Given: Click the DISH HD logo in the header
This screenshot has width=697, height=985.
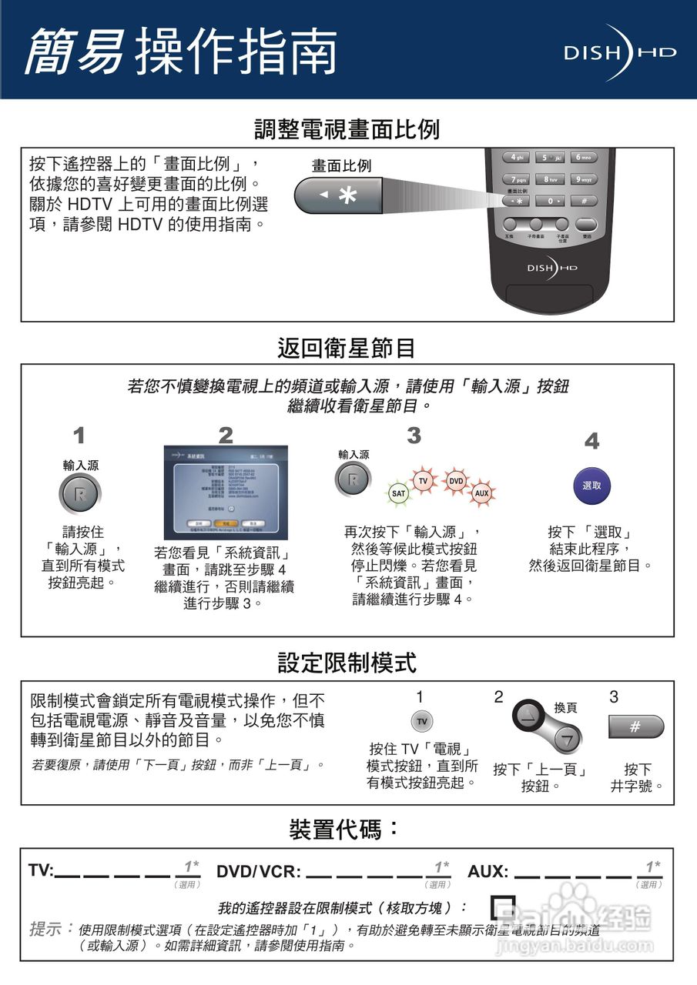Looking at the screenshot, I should (x=619, y=52).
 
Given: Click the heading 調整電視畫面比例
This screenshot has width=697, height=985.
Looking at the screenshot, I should (x=347, y=129).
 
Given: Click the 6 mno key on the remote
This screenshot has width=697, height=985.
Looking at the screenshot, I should (x=585, y=157).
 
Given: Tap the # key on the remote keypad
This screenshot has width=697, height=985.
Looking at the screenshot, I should (x=585, y=201).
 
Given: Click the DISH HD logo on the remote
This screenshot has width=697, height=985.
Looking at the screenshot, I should (x=551, y=267).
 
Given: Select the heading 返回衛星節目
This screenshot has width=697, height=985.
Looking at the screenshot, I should (x=347, y=348).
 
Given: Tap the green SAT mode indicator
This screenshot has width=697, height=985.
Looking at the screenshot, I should (x=398, y=492).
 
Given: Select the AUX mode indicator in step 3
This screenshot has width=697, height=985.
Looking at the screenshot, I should (x=481, y=492).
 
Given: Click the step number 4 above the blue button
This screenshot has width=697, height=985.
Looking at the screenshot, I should (x=591, y=442).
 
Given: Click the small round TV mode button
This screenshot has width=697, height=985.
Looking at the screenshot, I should (x=421, y=721).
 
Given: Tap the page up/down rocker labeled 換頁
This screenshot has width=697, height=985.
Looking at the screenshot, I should (x=546, y=725).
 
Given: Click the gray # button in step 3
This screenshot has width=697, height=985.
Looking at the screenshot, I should (x=635, y=726).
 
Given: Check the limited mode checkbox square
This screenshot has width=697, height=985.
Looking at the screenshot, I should (x=503, y=907).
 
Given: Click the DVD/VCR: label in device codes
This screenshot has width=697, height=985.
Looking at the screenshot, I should (x=259, y=872).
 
